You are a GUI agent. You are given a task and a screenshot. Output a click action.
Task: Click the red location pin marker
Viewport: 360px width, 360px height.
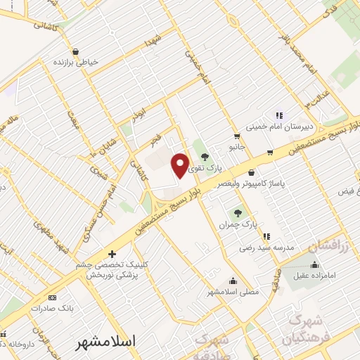coord(180,165)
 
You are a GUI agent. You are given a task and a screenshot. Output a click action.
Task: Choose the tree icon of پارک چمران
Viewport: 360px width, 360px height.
coord(237,212)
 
